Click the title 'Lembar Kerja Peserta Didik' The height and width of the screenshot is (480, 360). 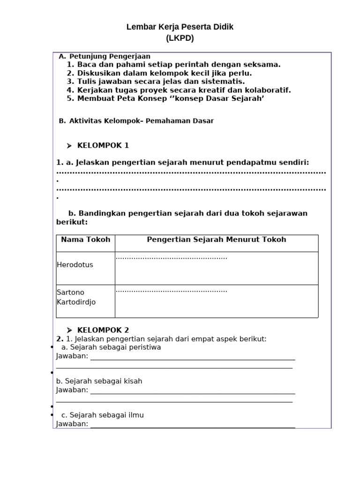[x=180, y=27]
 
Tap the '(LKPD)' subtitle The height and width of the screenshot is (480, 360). [x=180, y=38]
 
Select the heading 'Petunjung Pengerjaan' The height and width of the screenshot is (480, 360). [x=110, y=57]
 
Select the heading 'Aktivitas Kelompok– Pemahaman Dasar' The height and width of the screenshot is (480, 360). [x=141, y=121]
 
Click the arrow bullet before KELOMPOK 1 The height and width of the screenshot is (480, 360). [x=69, y=146]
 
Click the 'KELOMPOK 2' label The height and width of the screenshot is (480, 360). [x=103, y=330]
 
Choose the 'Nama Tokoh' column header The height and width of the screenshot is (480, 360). [x=86, y=240]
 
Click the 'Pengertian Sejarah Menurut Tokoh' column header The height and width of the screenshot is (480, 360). [x=216, y=240]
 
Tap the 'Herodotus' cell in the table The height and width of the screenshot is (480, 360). [x=75, y=265]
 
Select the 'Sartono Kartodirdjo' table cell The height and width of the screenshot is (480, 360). [x=76, y=297]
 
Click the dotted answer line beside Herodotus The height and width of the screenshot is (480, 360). [x=171, y=258]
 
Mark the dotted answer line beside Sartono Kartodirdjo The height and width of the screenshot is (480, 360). [x=171, y=291]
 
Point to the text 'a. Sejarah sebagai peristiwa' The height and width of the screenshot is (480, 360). [x=111, y=347]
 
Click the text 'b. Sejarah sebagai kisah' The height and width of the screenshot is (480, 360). [x=99, y=381]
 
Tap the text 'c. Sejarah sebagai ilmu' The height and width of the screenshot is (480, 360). [x=103, y=415]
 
